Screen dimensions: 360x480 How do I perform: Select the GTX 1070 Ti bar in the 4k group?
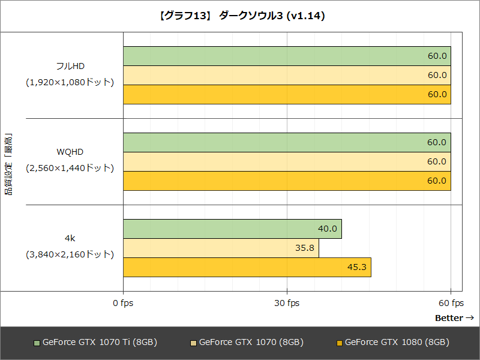pos(232,229)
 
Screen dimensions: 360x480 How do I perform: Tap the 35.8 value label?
pos(305,248)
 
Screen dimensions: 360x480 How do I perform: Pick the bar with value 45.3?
pos(247,268)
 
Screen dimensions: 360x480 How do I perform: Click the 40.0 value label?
pos(328,229)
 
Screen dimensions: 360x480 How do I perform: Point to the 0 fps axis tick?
pos(123,303)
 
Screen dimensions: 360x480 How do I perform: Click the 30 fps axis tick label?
pos(287,303)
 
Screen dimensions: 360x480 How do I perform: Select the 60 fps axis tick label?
pos(451,303)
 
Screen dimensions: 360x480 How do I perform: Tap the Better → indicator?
pos(454,317)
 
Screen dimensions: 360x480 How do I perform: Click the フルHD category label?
pos(70,65)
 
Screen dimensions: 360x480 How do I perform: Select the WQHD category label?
pos(70,152)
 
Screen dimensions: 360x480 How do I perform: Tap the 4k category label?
pos(70,238)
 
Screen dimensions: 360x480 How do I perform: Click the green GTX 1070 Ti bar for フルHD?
pos(287,56)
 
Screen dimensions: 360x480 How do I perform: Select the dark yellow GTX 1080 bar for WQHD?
pos(287,181)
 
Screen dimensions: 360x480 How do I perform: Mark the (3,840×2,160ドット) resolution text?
pos(70,254)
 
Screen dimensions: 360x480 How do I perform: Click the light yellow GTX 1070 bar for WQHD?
pos(287,162)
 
